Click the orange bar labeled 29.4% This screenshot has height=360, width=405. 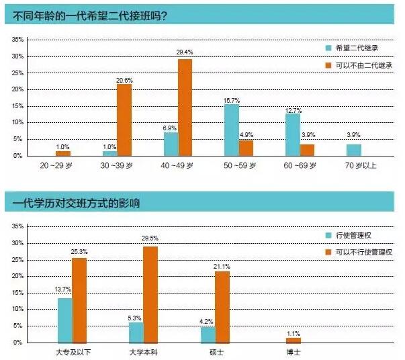(185, 107)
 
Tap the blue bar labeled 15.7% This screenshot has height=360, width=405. (232, 130)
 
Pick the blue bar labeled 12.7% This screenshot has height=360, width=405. (292, 134)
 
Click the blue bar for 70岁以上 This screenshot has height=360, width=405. (353, 150)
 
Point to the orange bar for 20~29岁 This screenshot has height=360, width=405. (63, 153)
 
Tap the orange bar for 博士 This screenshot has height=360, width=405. (293, 340)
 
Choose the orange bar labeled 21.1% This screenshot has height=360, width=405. (222, 307)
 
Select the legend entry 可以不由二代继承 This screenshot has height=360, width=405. (359, 66)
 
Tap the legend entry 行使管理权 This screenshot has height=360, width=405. (349, 235)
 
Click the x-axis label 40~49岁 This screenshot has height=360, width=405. (177, 165)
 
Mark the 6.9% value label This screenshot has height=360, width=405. (171, 127)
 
